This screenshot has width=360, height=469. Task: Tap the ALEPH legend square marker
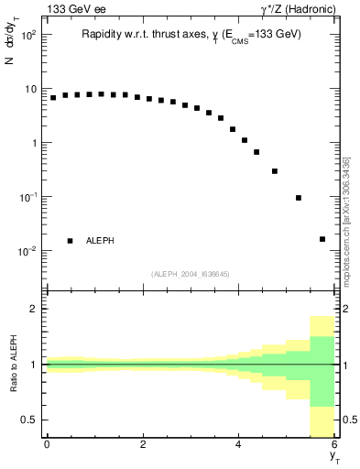[x=70, y=241]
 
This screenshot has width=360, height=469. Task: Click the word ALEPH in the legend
[x=100, y=241]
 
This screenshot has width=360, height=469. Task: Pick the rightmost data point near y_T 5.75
[x=322, y=239]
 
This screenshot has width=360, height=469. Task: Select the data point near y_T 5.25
[x=299, y=198]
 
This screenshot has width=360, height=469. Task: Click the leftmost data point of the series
[x=53, y=97]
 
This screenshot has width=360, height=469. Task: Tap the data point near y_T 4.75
[x=275, y=171]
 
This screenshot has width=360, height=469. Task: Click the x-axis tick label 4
[x=239, y=444]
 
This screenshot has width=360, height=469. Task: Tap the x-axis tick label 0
[x=47, y=444]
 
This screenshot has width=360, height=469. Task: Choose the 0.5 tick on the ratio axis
[x=27, y=420]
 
